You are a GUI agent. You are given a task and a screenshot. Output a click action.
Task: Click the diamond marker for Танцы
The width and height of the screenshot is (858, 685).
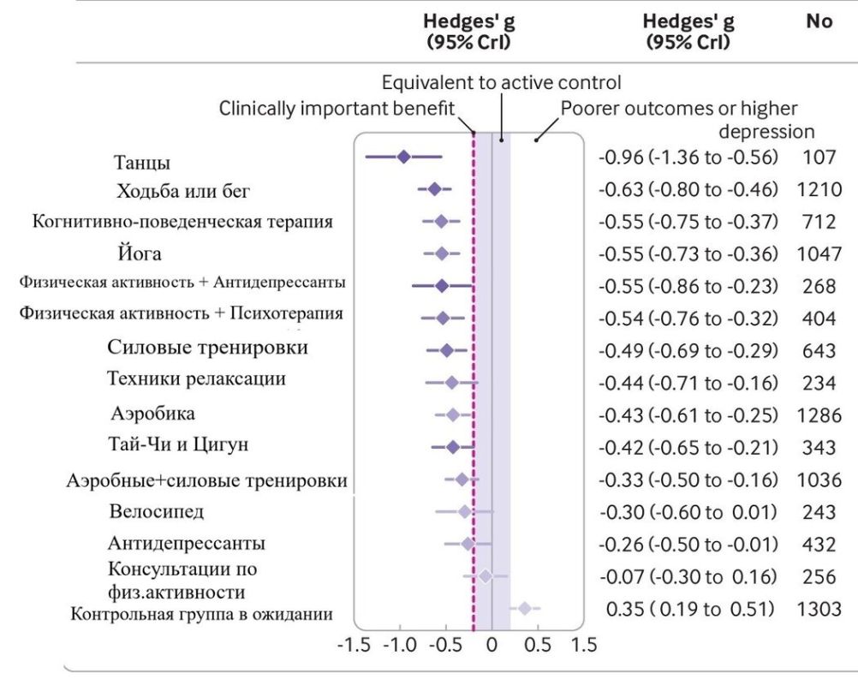403,157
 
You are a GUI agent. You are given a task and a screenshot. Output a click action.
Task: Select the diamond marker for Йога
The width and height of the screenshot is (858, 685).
442,253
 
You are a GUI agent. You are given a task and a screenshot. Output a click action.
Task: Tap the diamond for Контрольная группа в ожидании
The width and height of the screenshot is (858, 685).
525,608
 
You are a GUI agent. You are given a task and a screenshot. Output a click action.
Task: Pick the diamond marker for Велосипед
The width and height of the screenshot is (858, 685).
465,511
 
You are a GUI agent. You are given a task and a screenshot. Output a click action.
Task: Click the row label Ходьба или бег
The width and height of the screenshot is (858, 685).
184,189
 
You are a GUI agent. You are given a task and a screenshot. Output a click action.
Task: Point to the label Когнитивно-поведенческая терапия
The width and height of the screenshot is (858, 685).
182,222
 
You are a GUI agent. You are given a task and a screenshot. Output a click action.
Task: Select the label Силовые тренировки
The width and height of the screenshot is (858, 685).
208,348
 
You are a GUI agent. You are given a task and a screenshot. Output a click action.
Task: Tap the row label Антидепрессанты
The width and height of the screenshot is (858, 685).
187,543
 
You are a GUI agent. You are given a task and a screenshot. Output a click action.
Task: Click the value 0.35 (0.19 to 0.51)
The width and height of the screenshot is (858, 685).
690,608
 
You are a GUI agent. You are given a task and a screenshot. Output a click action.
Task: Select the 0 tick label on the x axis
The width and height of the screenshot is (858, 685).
492,644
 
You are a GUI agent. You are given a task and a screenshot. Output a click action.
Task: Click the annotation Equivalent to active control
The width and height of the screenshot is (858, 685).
501,84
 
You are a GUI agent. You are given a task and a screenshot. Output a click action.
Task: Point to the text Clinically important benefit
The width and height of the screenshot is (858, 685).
337,109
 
